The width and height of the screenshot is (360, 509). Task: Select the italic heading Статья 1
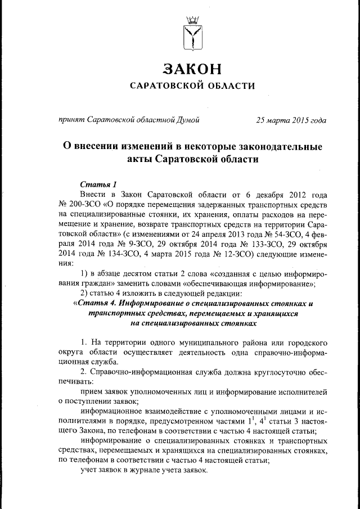coord(98,184)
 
